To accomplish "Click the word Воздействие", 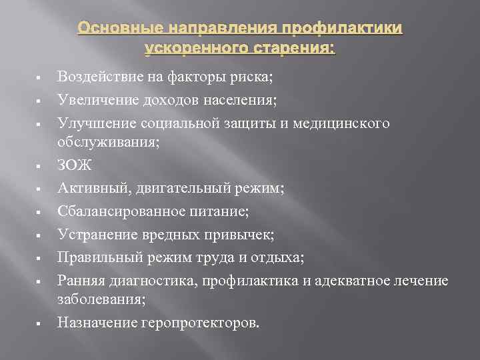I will tap(98, 77).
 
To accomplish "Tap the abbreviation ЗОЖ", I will tap(74, 164).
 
